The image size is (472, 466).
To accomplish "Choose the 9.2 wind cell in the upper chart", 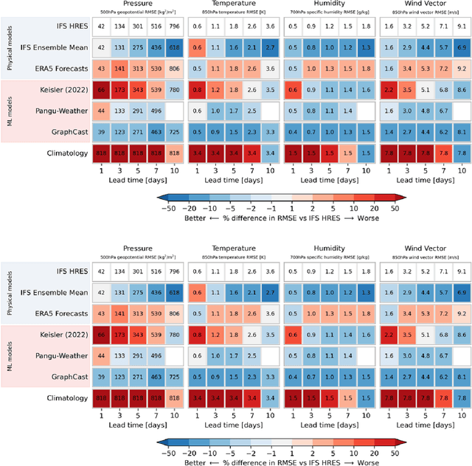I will (x=462, y=69).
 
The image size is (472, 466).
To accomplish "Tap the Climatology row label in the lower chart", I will (x=63, y=397).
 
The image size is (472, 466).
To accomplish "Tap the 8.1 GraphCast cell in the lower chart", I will (x=462, y=377).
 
